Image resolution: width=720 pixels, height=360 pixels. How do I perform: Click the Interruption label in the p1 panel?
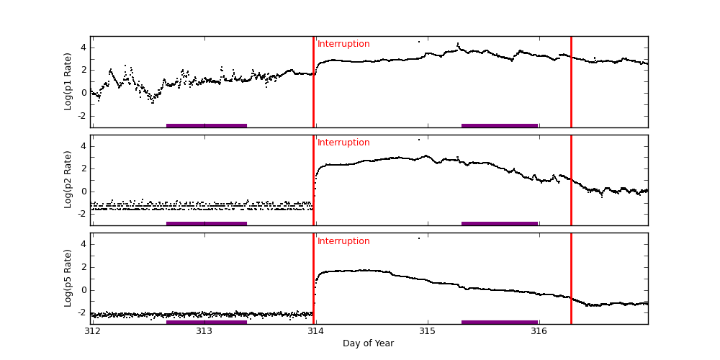pos(343,44)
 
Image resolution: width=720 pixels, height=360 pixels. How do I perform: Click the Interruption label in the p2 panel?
pos(343,143)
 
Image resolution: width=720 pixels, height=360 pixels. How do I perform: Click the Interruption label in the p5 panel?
pos(343,241)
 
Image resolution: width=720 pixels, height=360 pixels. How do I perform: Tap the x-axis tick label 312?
pos(92,331)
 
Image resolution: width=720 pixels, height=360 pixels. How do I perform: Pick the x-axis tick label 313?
pos(204,331)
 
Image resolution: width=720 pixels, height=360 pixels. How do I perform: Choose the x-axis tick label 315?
pos(427,331)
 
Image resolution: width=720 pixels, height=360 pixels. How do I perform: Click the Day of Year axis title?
pos(368,343)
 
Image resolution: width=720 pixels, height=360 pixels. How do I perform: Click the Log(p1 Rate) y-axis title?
pos(68,81)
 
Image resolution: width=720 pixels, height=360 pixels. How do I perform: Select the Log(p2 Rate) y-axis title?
pos(68,180)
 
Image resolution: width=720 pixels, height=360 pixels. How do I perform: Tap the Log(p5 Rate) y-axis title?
pos(68,278)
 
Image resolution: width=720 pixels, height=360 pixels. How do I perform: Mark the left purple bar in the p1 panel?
pos(207,125)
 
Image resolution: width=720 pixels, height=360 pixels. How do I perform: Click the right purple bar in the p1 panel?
pos(500,125)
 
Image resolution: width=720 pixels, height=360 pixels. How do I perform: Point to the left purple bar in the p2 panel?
pos(207,223)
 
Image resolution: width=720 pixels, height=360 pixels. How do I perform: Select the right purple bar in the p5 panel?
pos(500,322)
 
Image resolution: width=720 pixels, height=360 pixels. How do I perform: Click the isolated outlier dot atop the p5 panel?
pos(419,238)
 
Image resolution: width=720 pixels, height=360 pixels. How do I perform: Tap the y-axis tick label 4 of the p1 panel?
pos(84,48)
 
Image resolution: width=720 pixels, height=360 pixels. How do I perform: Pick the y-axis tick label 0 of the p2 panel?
pos(84,191)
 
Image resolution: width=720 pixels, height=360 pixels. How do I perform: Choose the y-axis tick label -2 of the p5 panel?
pos(82,312)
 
